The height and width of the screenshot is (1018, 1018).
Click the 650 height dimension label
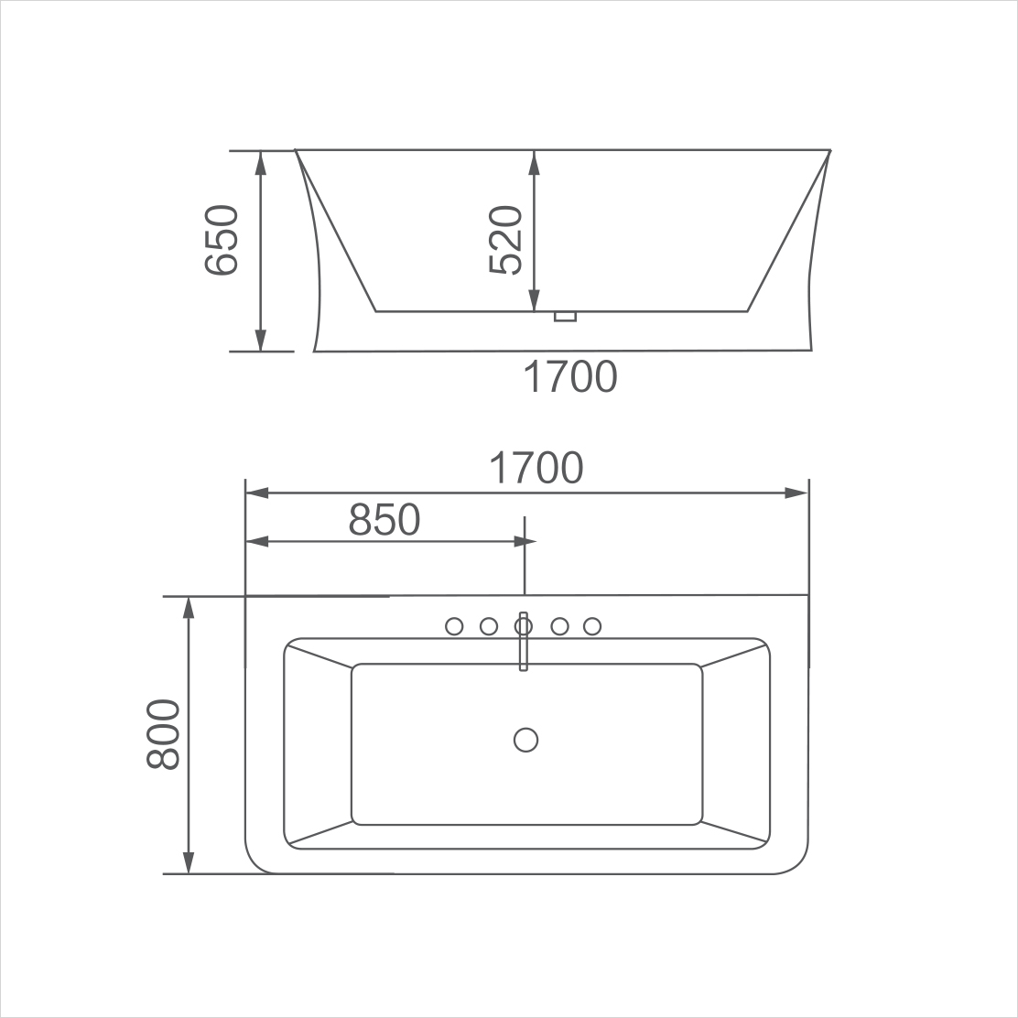(x=222, y=240)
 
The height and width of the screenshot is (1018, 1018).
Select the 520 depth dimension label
(x=505, y=240)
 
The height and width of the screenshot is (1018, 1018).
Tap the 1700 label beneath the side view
(x=569, y=376)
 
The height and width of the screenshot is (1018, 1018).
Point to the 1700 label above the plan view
(x=536, y=468)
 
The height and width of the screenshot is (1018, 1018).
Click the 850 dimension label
(x=384, y=520)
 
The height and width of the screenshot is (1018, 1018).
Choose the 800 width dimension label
(x=164, y=734)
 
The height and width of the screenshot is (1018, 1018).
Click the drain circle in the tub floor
(x=525, y=740)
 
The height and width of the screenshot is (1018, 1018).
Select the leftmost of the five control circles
(x=454, y=626)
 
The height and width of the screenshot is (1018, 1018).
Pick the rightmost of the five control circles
(x=592, y=626)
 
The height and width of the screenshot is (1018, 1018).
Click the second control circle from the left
(x=489, y=626)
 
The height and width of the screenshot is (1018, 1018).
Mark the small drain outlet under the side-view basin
(x=566, y=317)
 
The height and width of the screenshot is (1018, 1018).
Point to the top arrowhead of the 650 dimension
(x=261, y=161)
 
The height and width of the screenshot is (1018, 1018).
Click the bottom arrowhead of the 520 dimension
(x=534, y=301)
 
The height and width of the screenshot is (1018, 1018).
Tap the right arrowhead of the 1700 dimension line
(x=797, y=493)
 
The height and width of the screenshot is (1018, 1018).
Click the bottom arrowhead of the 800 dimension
(x=189, y=862)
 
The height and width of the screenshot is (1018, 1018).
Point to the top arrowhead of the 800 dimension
(x=189, y=607)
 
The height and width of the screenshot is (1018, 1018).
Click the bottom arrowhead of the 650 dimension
(x=261, y=340)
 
